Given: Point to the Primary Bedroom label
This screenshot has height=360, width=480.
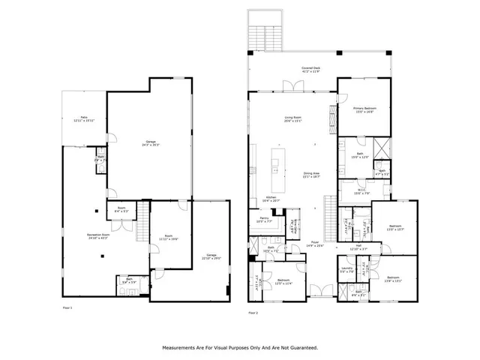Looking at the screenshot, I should tap(364, 110).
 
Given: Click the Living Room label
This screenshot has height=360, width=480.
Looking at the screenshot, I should tap(292, 118).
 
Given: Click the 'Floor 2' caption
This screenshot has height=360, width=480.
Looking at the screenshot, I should tap(253, 312).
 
